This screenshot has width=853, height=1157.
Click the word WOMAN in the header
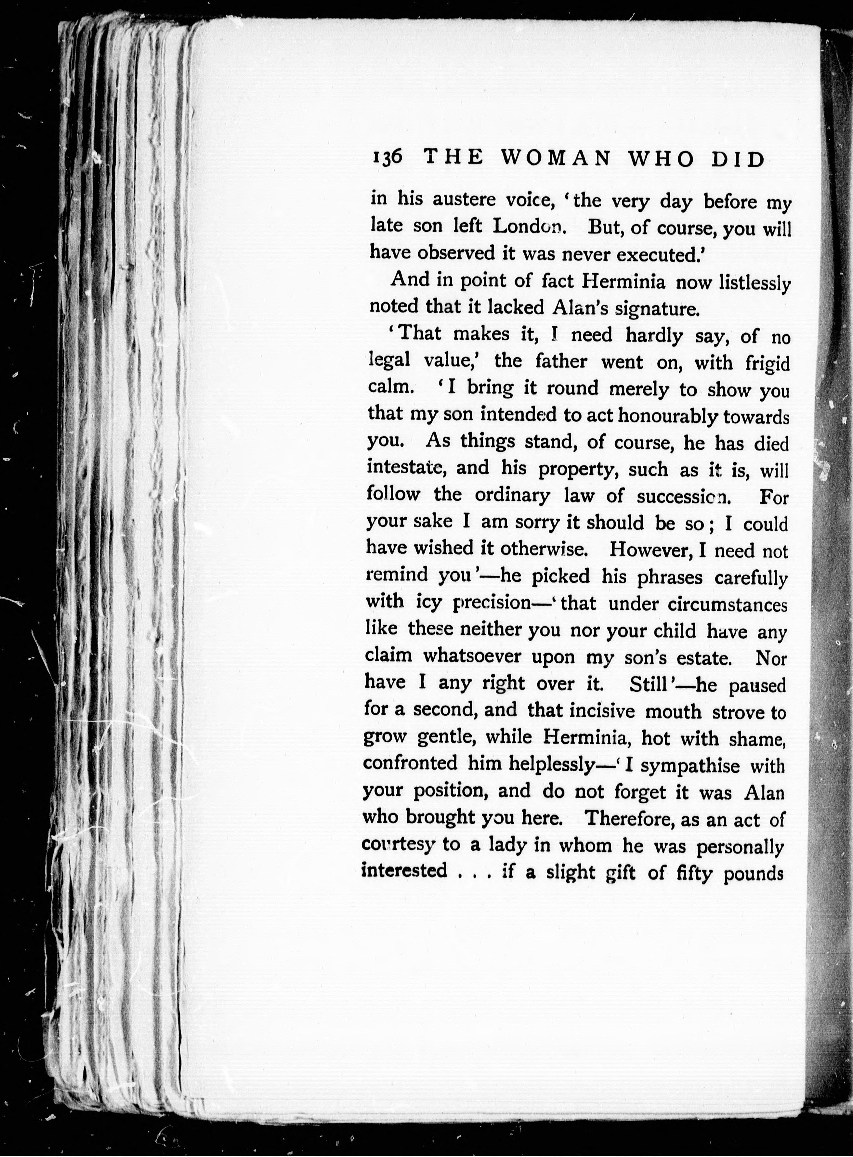tap(556, 159)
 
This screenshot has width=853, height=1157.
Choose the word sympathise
tap(690, 765)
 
